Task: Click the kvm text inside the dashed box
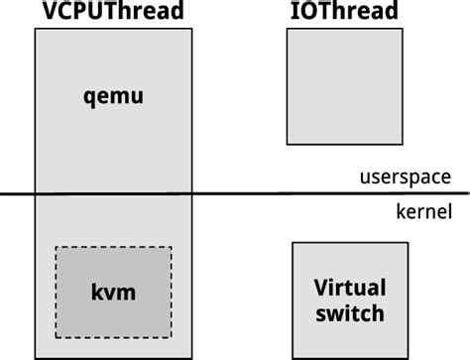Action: [112, 293]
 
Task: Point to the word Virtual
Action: [349, 289]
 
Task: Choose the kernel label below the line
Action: [422, 210]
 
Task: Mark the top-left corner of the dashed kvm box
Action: [56, 247]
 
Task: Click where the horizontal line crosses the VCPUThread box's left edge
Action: [35, 193]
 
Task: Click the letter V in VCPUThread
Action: [45, 12]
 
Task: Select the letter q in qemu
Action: [88, 98]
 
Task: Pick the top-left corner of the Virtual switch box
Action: [293, 242]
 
